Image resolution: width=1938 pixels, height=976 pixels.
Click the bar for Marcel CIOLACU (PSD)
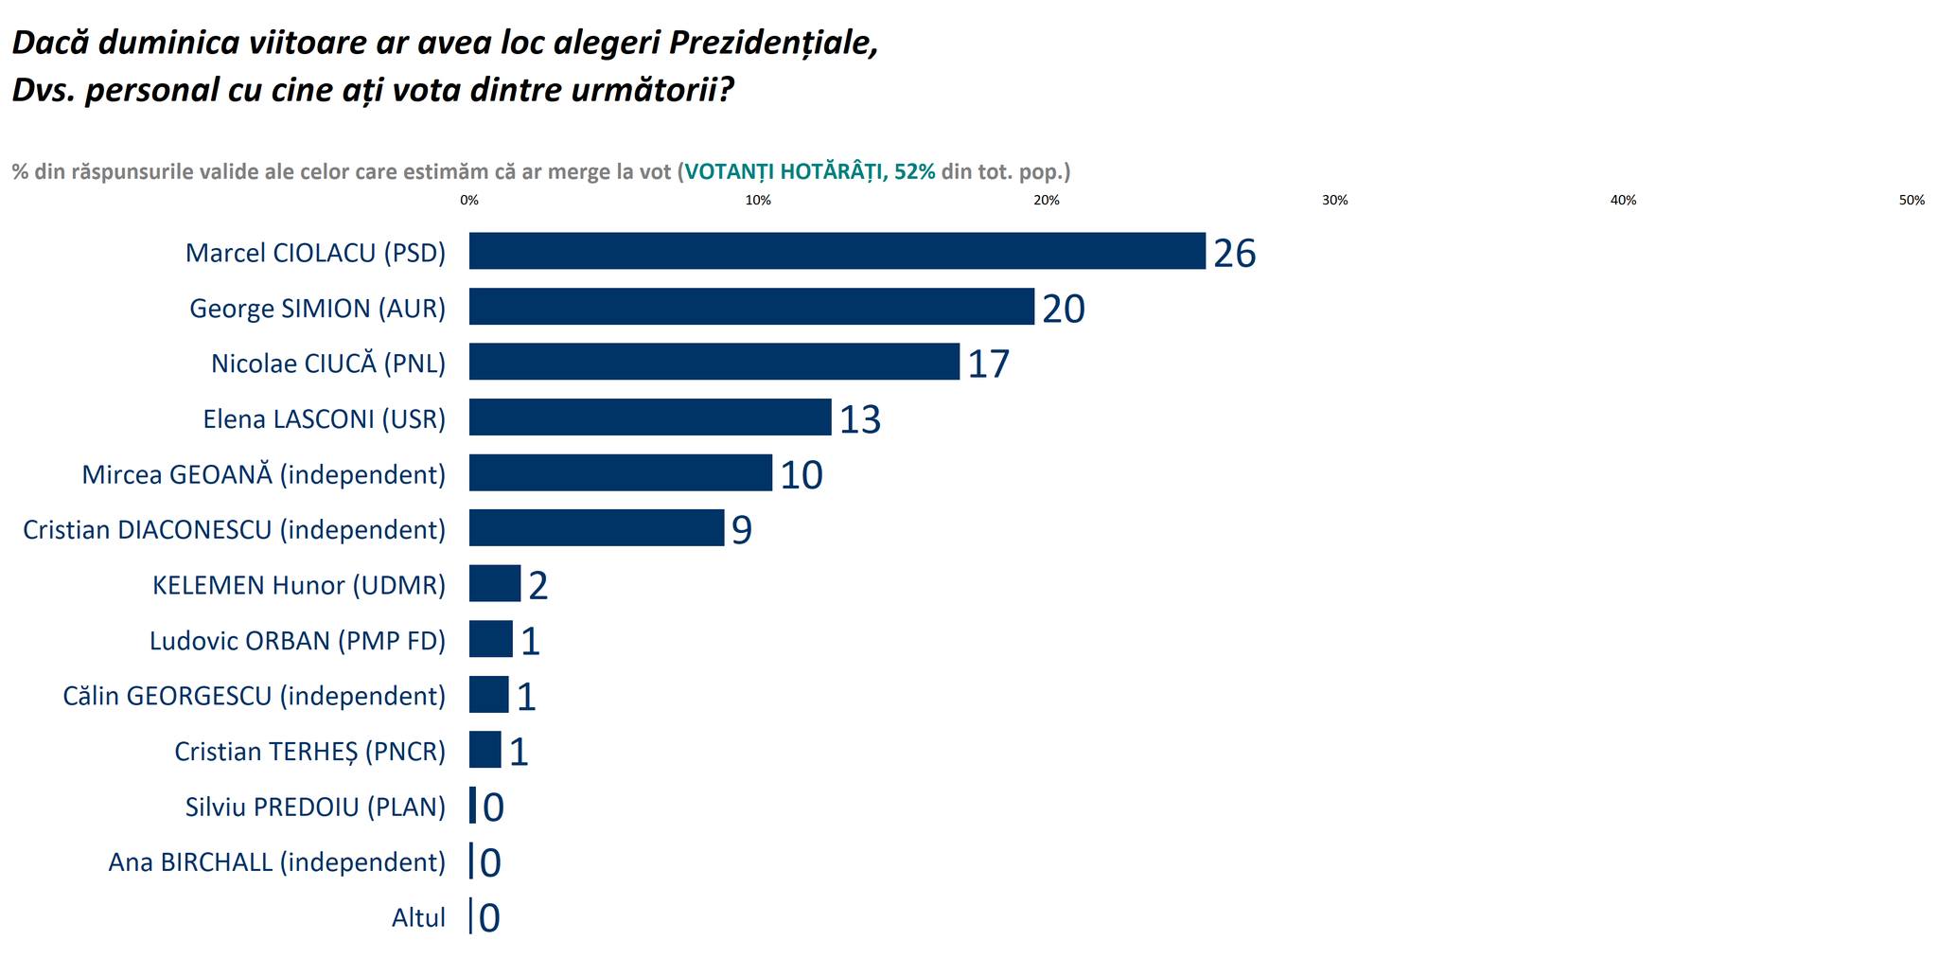coord(837,251)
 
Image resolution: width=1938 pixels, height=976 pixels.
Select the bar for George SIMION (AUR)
coord(751,307)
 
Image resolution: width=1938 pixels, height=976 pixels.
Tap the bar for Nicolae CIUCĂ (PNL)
coord(714,362)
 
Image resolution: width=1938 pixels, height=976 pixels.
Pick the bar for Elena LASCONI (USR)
coord(650,417)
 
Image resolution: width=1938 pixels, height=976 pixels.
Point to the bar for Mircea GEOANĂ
coord(620,472)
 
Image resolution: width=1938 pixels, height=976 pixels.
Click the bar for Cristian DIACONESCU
coord(596,528)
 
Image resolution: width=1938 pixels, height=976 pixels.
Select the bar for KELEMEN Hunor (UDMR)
coord(494,583)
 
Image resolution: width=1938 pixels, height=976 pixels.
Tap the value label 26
coord(1234,254)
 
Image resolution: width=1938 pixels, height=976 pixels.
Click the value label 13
coord(859,420)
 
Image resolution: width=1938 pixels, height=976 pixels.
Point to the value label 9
coord(741,531)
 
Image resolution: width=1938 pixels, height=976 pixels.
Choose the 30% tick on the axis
coord(1334,201)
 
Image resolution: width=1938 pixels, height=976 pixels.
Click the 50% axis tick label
coord(1912,201)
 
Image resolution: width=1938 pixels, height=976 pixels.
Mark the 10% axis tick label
coord(758,201)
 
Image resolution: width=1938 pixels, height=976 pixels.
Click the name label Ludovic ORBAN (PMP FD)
coord(297,641)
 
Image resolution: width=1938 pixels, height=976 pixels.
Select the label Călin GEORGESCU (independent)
coord(254,696)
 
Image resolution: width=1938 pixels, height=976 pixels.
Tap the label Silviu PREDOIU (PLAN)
coord(315,807)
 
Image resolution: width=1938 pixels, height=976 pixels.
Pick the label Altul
coord(418,917)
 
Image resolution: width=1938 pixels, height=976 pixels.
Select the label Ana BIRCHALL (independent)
coord(276,862)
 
